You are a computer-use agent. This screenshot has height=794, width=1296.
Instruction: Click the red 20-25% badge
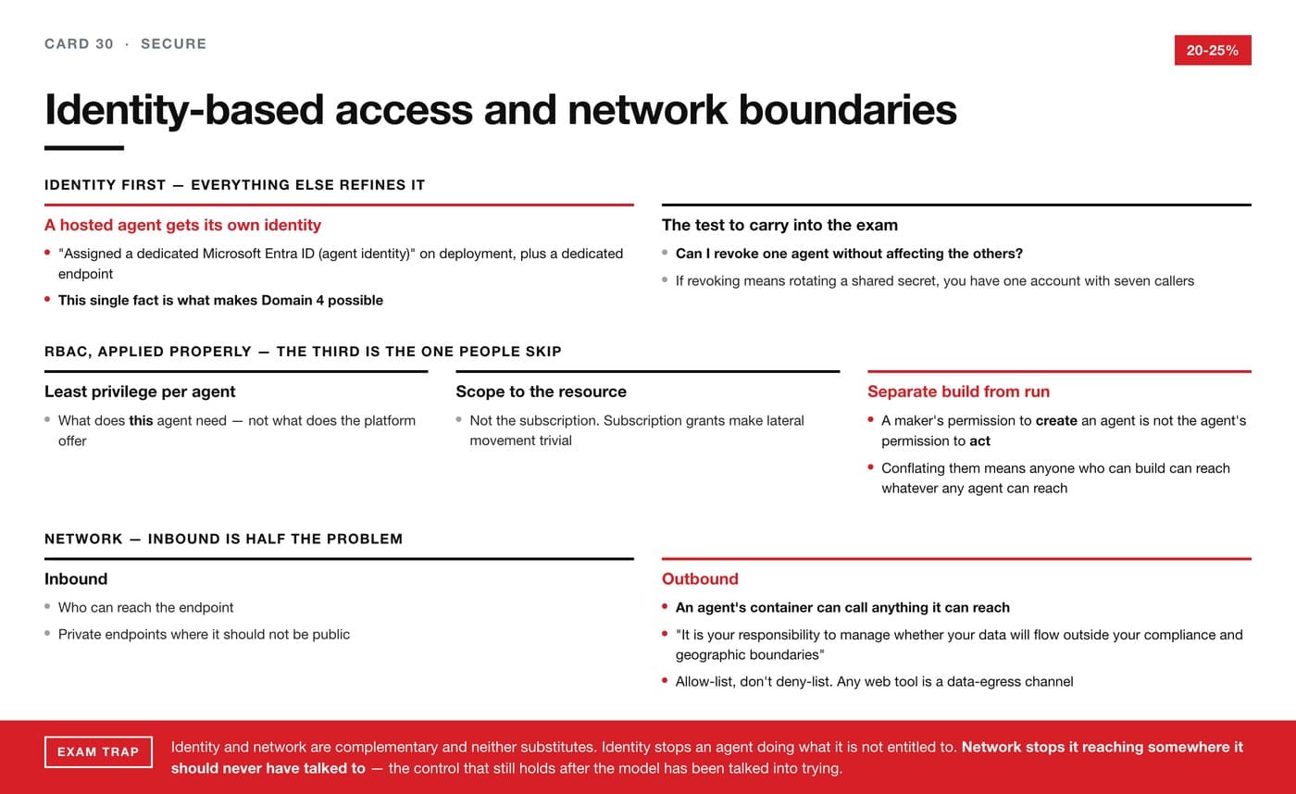(1213, 50)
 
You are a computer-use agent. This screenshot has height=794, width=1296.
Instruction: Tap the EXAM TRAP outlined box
(98, 751)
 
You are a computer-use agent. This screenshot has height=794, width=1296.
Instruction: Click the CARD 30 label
(79, 43)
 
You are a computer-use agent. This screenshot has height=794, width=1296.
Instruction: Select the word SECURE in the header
(174, 43)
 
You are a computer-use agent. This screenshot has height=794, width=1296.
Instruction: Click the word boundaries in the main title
(848, 110)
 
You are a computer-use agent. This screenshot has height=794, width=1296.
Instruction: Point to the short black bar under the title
(84, 148)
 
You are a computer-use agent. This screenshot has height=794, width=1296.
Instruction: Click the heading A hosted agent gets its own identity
(183, 225)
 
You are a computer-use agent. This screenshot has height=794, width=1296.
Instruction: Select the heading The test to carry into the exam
(779, 225)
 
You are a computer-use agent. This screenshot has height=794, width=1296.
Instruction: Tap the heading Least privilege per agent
(140, 391)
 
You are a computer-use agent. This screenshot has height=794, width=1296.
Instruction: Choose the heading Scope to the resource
(541, 391)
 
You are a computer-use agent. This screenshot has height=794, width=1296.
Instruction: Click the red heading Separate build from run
(958, 391)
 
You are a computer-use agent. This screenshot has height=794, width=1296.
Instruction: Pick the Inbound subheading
(76, 579)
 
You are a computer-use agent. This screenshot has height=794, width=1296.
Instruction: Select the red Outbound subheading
(700, 579)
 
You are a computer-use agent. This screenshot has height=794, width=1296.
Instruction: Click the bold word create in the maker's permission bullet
(1056, 420)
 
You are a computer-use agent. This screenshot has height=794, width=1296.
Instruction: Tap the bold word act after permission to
(980, 441)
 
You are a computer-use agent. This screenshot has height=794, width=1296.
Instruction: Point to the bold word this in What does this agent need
(141, 420)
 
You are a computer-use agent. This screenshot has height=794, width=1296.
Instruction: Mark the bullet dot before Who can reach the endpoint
(47, 607)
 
